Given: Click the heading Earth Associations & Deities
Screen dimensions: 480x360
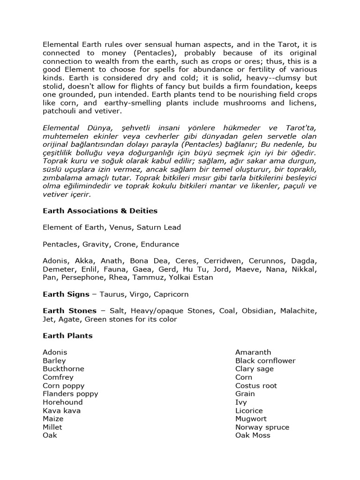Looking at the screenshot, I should (100, 210).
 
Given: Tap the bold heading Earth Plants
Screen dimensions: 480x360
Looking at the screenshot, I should (67, 336).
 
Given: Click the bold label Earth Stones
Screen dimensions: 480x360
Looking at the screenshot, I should (69, 311).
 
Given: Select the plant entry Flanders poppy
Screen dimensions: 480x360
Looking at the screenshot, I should (70, 394).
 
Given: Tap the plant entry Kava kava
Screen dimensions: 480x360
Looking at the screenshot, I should (61, 411).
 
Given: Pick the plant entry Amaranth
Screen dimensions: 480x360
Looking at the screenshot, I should (253, 352).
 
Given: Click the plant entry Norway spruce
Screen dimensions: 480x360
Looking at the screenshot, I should (262, 427).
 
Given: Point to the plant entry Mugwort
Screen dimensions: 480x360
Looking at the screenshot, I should (251, 419).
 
